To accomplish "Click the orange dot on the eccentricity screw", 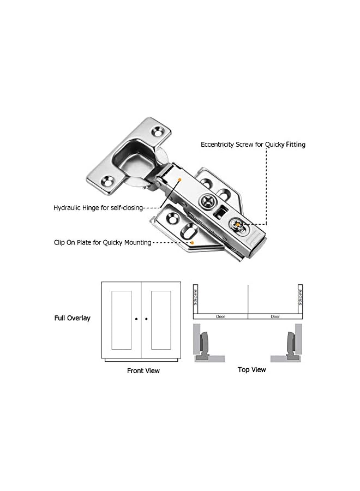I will [239, 224].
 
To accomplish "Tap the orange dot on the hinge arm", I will [179, 178].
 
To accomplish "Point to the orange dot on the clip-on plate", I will [192, 242].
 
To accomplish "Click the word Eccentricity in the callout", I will [219, 145].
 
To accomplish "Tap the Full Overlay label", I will [72, 318].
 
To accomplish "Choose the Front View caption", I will [143, 371].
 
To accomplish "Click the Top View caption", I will [251, 370].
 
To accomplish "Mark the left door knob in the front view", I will [136, 319].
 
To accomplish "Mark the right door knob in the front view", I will [146, 319].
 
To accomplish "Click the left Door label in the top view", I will [221, 316].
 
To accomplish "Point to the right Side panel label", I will [300, 297].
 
